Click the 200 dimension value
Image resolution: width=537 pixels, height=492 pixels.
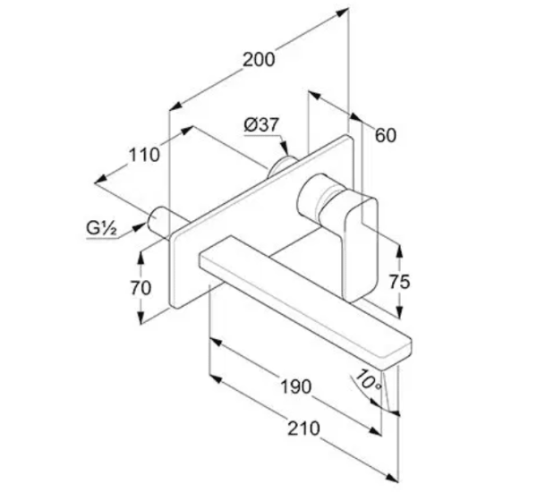pyautogui.click(x=259, y=60)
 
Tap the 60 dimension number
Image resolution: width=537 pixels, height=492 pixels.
pyautogui.click(x=386, y=135)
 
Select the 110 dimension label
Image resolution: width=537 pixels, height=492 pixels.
pyautogui.click(x=144, y=155)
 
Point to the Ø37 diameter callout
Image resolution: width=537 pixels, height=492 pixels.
pyautogui.click(x=261, y=124)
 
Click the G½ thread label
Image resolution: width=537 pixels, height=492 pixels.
pyautogui.click(x=101, y=228)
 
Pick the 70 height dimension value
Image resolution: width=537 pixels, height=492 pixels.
pyautogui.click(x=141, y=288)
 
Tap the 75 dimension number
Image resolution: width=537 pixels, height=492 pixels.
pyautogui.click(x=399, y=282)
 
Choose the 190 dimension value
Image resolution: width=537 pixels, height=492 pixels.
pyautogui.click(x=296, y=386)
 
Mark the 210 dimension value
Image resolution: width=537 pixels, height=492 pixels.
pyautogui.click(x=303, y=428)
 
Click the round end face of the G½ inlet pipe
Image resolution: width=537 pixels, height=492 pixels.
pyautogui.click(x=153, y=219)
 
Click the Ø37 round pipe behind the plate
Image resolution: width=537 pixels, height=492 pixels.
pyautogui.click(x=282, y=166)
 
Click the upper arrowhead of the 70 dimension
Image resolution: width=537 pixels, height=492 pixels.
pyautogui.click(x=141, y=258)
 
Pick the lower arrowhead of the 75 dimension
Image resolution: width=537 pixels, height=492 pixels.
pyautogui.click(x=399, y=311)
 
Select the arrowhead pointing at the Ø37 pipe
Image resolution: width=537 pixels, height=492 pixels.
pyautogui.click(x=285, y=150)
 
